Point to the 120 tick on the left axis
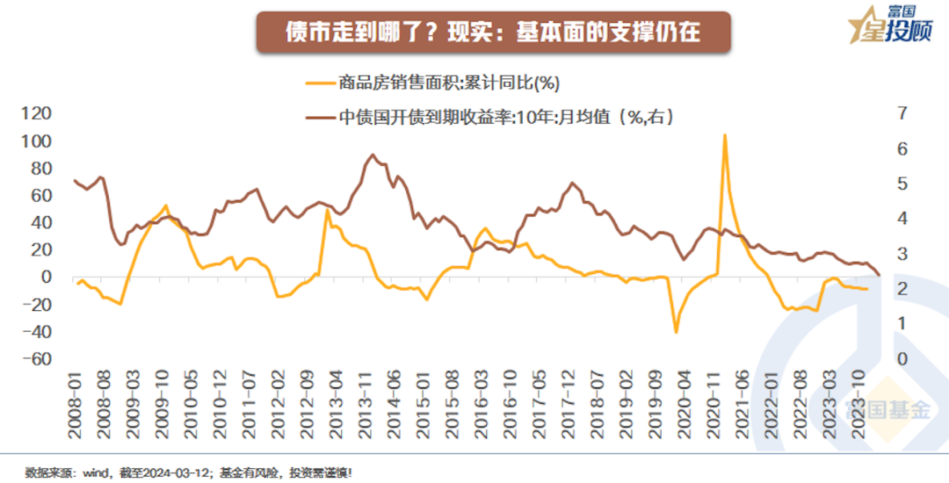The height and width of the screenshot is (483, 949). pos(37,113)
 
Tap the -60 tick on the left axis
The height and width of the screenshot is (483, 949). pos(37,359)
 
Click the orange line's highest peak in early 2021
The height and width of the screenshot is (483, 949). pos(725,135)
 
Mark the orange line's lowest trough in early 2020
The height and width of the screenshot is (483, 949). pos(676,332)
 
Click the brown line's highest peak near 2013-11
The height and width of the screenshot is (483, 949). pos(373,155)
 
